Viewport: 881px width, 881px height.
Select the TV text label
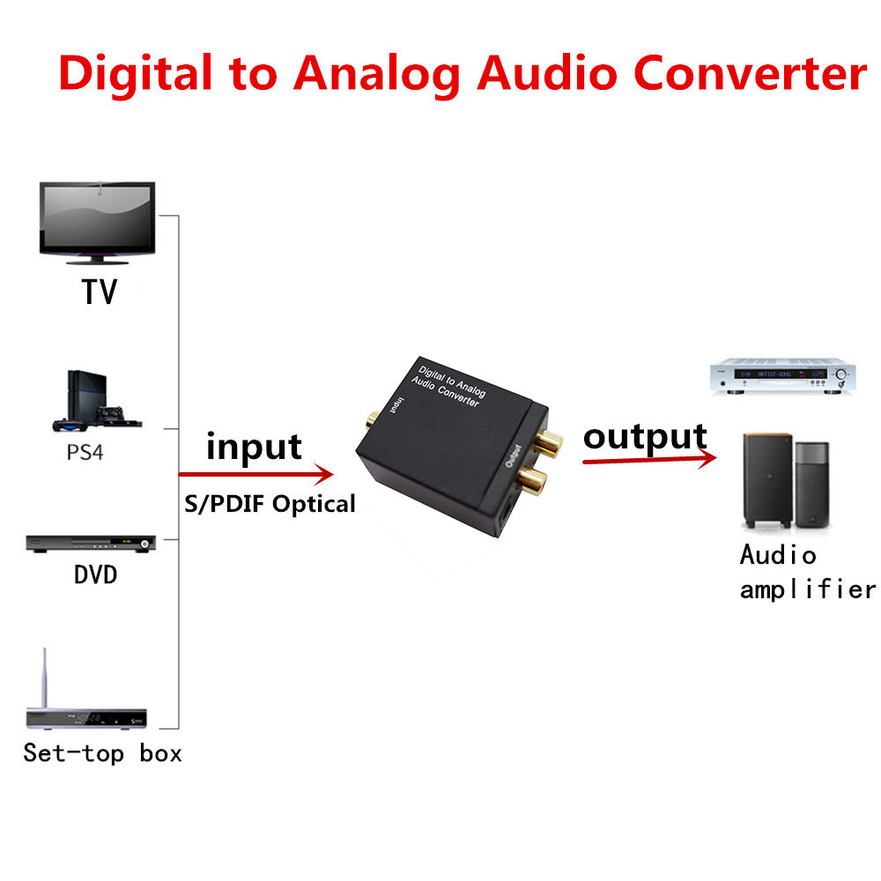coord(100,292)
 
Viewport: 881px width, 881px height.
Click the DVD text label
coord(95,575)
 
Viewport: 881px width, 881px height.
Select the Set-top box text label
coord(102,753)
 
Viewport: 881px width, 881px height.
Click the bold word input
coord(254,447)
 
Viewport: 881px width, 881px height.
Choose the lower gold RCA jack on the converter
coord(534,481)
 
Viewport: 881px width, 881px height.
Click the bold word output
coord(645,436)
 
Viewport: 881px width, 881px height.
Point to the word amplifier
coord(807,589)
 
